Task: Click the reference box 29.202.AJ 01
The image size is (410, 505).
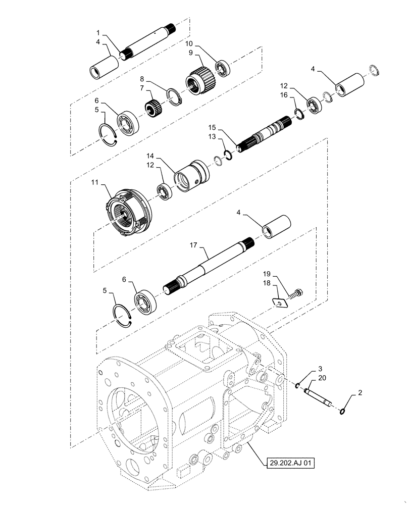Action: coord(286,461)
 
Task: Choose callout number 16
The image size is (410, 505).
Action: coord(285,94)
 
